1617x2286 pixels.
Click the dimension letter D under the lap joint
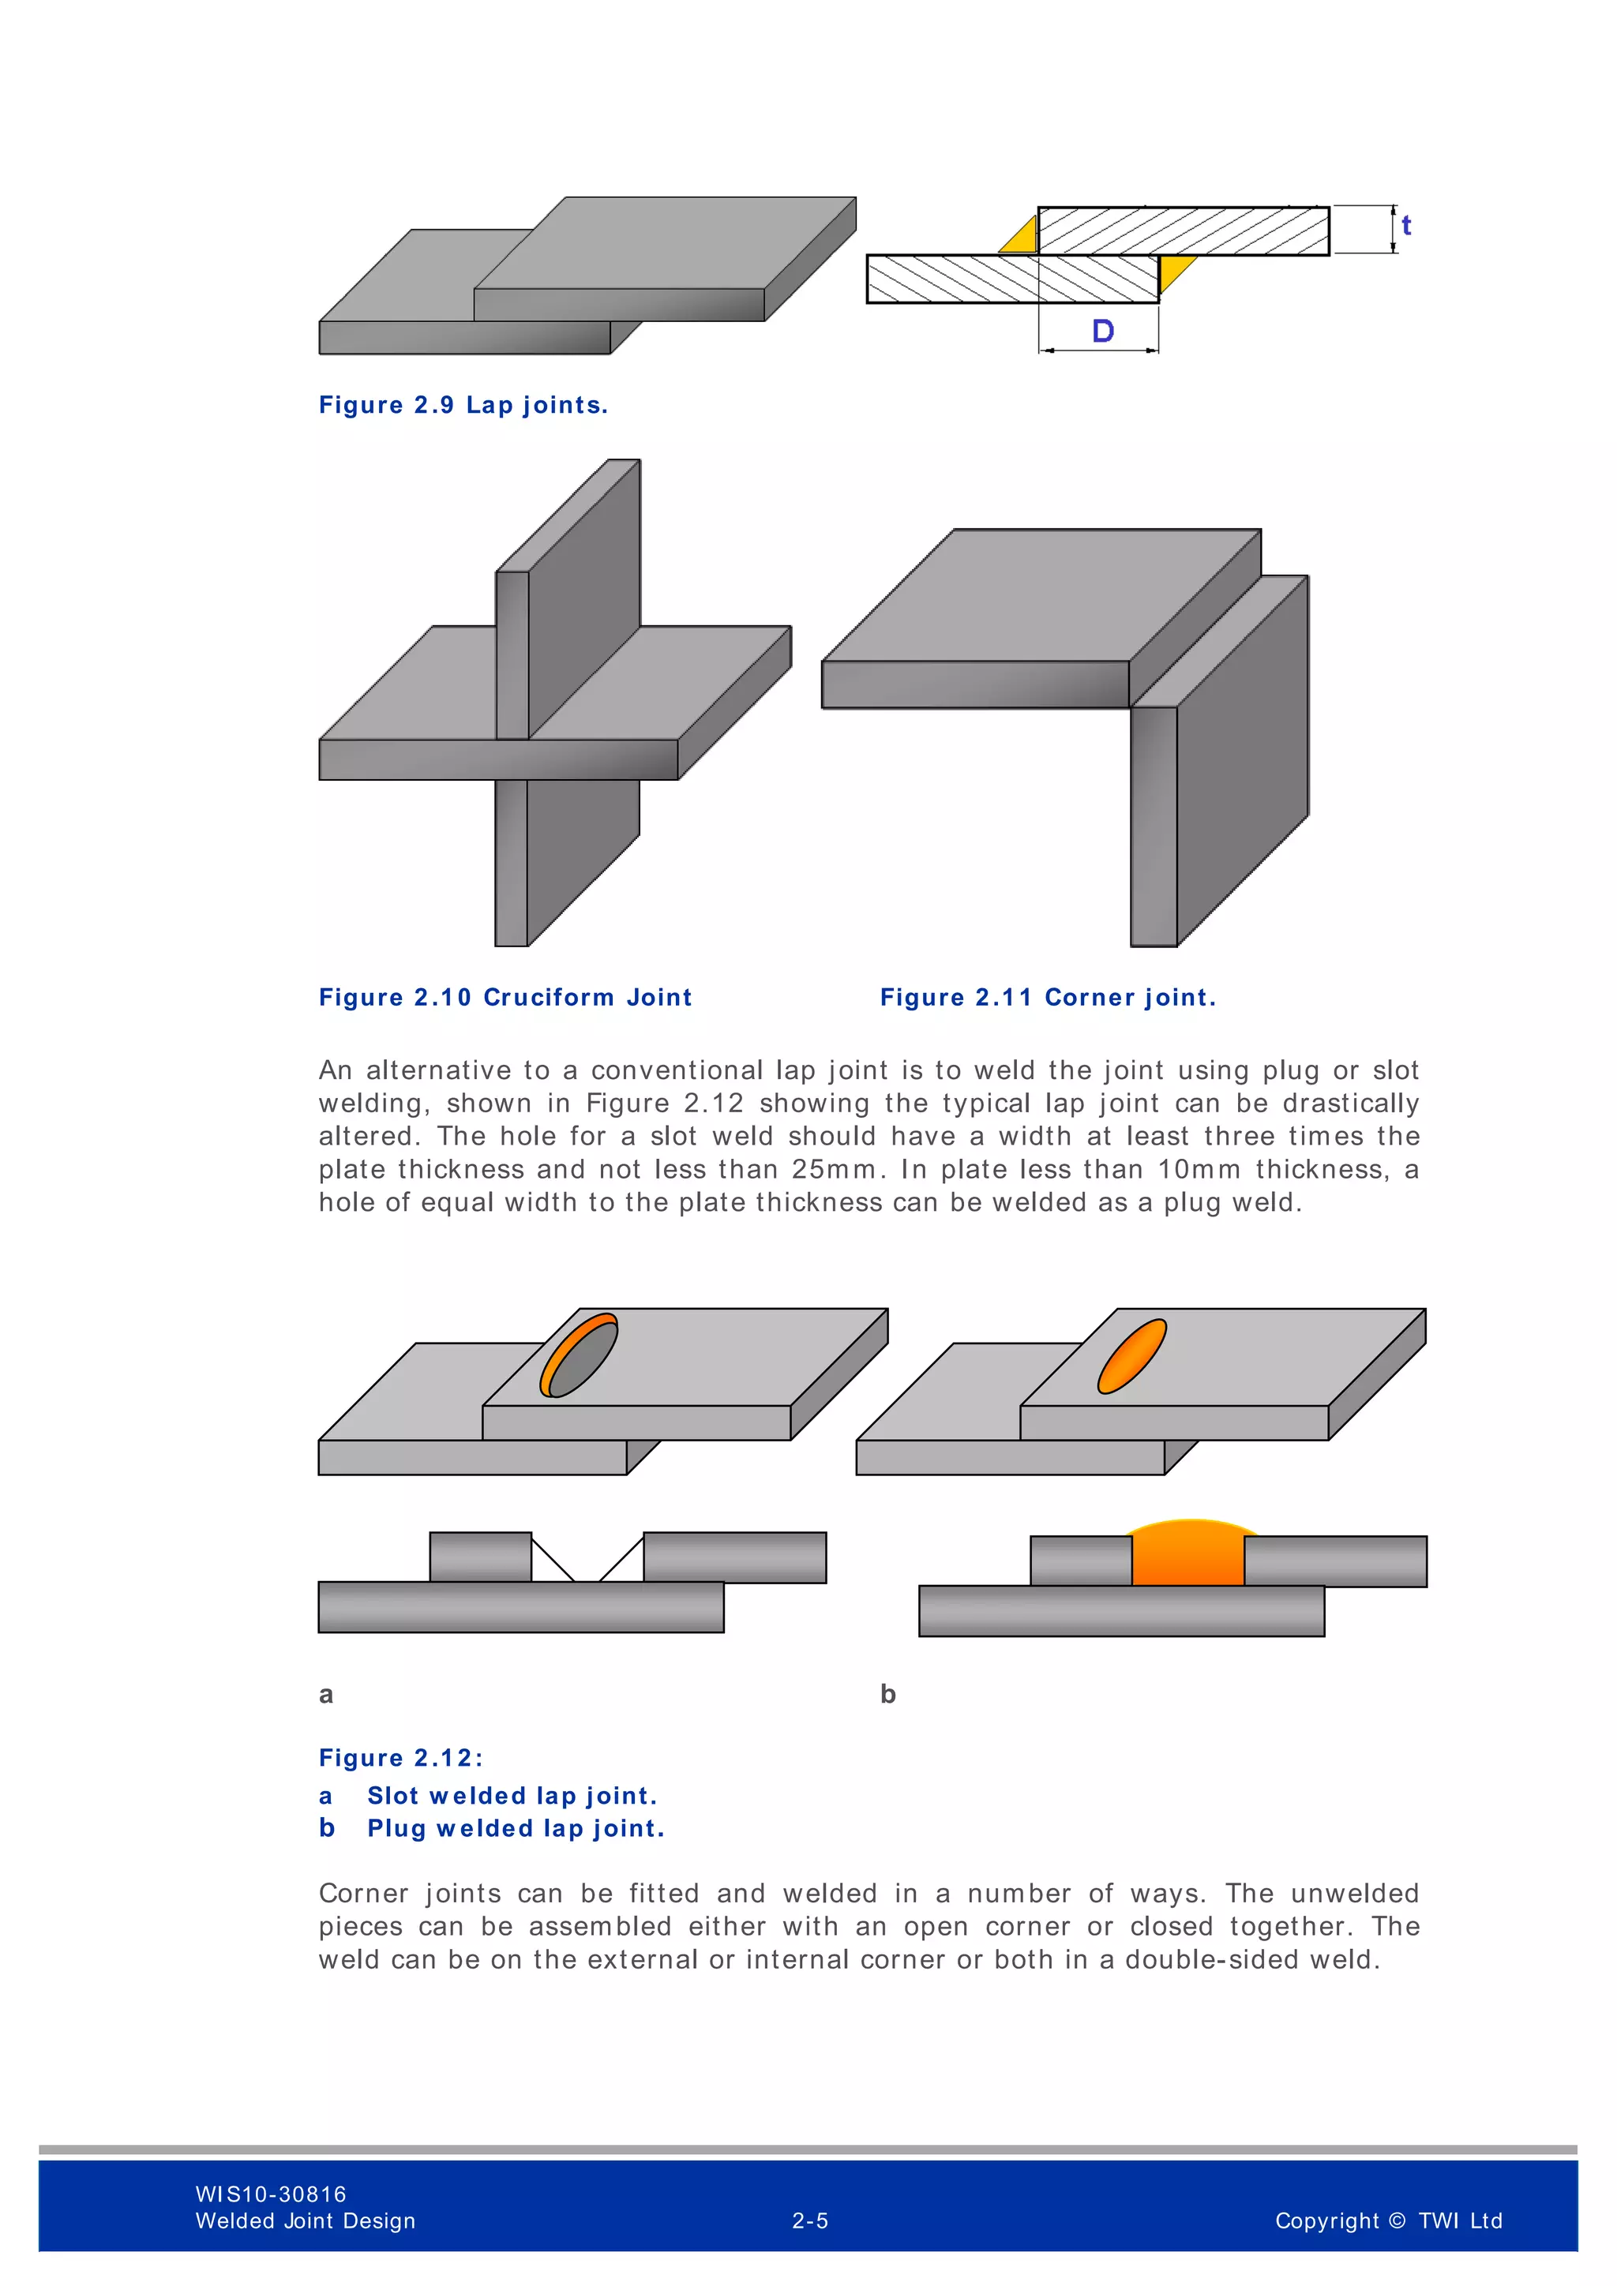tap(1102, 332)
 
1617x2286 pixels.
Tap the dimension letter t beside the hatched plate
tap(1406, 226)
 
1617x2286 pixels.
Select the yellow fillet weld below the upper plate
tap(1175, 269)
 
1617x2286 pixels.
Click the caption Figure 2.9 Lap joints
tap(463, 405)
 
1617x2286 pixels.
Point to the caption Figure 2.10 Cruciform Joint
tap(505, 998)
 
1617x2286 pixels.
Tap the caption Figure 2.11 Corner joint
tap(1048, 998)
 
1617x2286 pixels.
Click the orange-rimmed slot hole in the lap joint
tap(580, 1355)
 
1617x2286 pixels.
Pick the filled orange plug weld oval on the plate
tap(1132, 1356)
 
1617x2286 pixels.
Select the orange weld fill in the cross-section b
tap(1187, 1555)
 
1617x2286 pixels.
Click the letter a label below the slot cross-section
tap(325, 1695)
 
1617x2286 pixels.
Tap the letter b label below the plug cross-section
tap(888, 1695)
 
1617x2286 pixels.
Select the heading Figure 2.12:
tap(400, 1758)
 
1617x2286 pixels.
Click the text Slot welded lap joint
tap(512, 1796)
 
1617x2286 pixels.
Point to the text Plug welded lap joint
tap(516, 1829)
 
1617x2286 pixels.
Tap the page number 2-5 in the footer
tap(809, 2221)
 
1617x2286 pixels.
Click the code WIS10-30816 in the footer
tap(271, 2194)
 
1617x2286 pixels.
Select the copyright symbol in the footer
tap(1396, 2221)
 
